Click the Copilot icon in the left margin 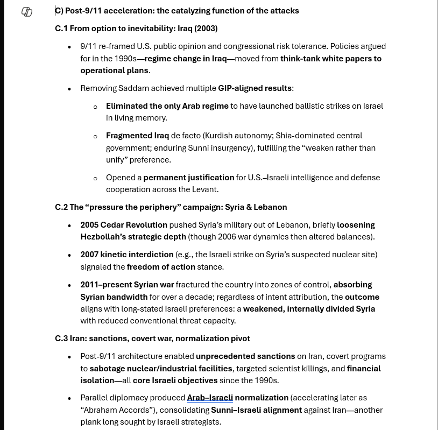[x=27, y=12]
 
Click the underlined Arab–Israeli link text [x=209, y=398]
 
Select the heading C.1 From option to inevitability [x=136, y=29]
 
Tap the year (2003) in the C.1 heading [x=206, y=29]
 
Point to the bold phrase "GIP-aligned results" [x=255, y=88]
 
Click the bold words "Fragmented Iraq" [x=137, y=136]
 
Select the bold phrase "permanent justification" [x=188, y=178]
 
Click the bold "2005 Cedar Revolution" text [x=124, y=225]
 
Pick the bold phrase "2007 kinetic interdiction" [x=127, y=255]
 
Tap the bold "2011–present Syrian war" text [x=127, y=285]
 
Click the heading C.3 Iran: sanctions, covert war [x=152, y=339]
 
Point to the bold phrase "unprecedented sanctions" [x=245, y=356]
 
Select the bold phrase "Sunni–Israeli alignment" [x=256, y=410]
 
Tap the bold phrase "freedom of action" [x=161, y=267]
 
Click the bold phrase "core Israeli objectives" [x=175, y=380]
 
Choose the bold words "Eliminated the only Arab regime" [x=167, y=106]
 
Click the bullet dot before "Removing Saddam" [x=69, y=89]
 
